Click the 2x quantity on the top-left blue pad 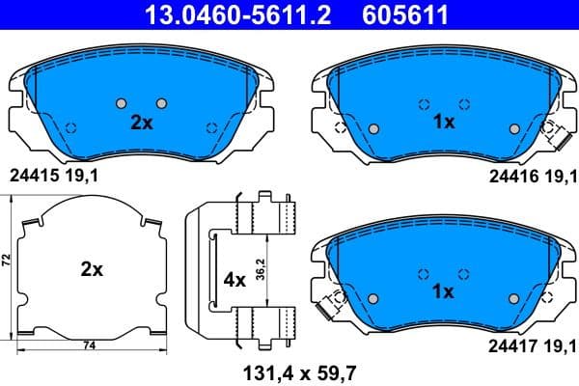coord(142,124)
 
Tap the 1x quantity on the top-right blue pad coord(444,124)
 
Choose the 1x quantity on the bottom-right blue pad coord(444,290)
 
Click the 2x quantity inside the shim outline coord(91,270)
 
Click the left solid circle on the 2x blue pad coord(121,103)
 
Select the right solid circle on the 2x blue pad coord(161,103)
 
